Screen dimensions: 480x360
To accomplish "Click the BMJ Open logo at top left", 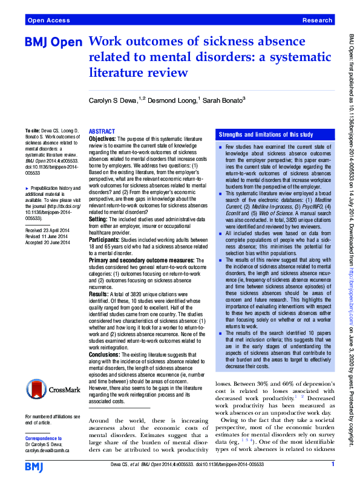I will (54, 44).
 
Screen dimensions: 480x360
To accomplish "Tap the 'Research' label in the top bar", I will (318, 20).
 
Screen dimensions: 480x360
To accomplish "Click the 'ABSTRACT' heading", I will (101, 131).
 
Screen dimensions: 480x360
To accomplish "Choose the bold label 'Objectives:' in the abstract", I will (102, 139).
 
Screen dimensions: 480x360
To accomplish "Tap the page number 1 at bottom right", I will (333, 464).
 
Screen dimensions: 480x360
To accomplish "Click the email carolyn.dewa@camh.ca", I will (48, 449).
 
